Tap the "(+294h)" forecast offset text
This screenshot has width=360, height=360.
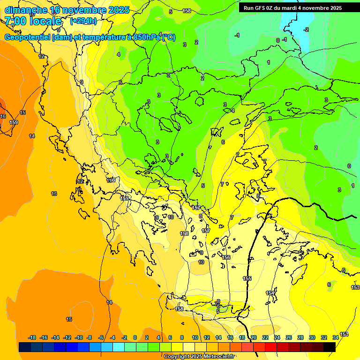click(x=83, y=21)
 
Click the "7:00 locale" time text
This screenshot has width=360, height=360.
click(x=33, y=21)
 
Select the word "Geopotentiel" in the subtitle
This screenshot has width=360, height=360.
click(x=28, y=37)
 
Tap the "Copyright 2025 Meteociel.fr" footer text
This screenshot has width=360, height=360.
click(x=199, y=357)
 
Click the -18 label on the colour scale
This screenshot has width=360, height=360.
click(x=32, y=337)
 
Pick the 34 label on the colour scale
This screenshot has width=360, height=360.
click(x=335, y=337)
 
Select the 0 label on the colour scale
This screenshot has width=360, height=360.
click(x=135, y=337)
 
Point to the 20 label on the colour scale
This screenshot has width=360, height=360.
click(x=254, y=337)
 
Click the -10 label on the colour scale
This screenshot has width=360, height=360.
click(x=78, y=337)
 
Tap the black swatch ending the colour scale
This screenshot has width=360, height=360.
click(x=330, y=347)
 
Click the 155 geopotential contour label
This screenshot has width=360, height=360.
click(x=247, y=278)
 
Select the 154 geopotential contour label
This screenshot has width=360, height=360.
click(x=270, y=293)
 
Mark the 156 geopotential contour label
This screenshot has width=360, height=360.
click(x=226, y=257)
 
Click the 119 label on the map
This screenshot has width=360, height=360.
click(x=111, y=180)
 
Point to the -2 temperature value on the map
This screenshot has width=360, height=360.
click(x=306, y=30)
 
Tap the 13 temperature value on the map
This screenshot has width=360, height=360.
click(x=54, y=194)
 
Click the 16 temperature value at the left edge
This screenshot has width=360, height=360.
click(x=3, y=116)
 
